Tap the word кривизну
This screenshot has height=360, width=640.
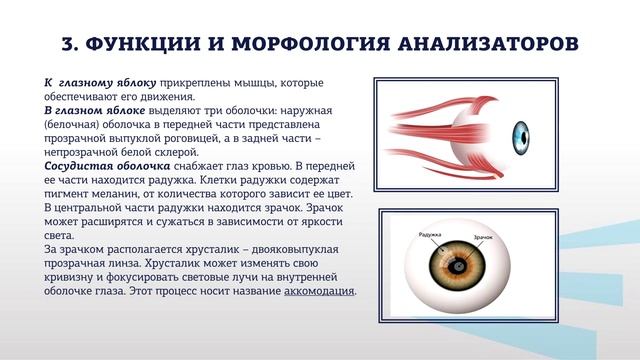point(72,277)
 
